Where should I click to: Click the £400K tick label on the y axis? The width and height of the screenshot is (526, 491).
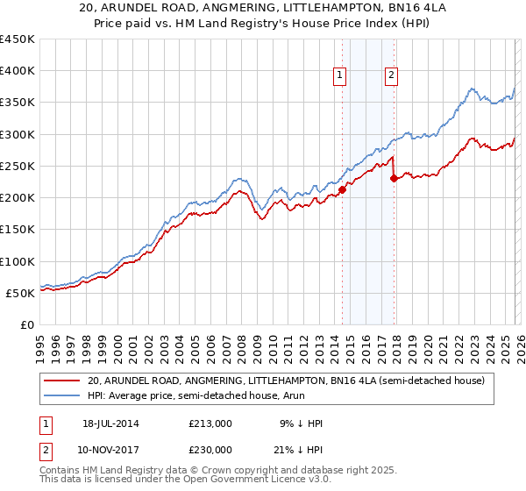click(x=18, y=71)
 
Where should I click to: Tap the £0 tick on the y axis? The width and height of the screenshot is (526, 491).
click(x=27, y=324)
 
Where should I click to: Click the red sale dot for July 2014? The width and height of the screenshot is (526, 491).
click(x=343, y=189)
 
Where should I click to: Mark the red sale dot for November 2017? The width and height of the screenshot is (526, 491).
click(x=394, y=179)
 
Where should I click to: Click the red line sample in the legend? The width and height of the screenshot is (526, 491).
click(x=62, y=381)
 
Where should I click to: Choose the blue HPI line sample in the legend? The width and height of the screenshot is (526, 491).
click(x=62, y=395)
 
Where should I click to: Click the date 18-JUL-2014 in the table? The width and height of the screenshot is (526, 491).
click(x=111, y=423)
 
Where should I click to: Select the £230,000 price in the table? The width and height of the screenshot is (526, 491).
click(x=210, y=450)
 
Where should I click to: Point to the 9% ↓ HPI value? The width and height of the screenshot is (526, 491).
click(x=300, y=423)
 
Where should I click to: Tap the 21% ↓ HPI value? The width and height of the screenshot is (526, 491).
click(x=300, y=450)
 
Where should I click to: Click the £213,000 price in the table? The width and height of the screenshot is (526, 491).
click(x=210, y=423)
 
